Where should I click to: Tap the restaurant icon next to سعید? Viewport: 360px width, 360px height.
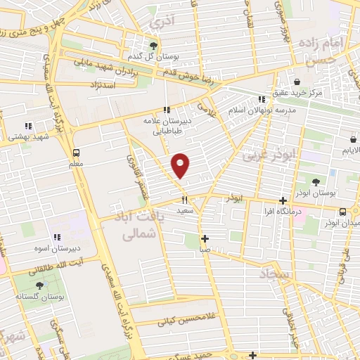click(184, 200)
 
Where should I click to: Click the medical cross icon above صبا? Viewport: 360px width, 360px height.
click(205, 238)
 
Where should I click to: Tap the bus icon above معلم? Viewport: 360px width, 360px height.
click(75, 153)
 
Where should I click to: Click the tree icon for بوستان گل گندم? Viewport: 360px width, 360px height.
click(154, 44)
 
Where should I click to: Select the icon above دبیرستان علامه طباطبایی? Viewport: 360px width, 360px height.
click(167, 109)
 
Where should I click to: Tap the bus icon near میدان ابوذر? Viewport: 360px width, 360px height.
click(342, 211)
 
